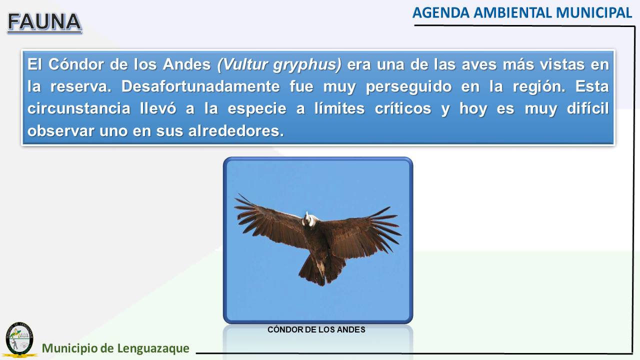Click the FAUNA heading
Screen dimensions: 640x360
pyautogui.click(x=44, y=22)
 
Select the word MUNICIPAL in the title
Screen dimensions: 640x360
pyautogui.click(x=594, y=13)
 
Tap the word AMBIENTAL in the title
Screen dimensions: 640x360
pyautogui.click(x=513, y=13)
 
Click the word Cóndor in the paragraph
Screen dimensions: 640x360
pyautogui.click(x=75, y=64)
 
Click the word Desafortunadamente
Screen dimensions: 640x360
pyautogui.click(x=200, y=86)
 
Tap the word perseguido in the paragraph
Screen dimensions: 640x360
pyautogui.click(x=408, y=87)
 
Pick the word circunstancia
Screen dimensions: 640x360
pyautogui.click(x=79, y=108)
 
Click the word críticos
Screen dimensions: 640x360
pyautogui.click(x=403, y=108)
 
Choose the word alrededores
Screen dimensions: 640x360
pyautogui.click(x=236, y=131)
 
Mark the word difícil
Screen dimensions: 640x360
pyautogui.click(x=587, y=108)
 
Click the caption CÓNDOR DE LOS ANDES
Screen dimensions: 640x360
pyautogui.click(x=316, y=329)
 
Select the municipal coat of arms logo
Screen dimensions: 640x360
pyautogui.click(x=19, y=339)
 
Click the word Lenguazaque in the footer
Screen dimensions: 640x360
pyautogui.click(x=153, y=348)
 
